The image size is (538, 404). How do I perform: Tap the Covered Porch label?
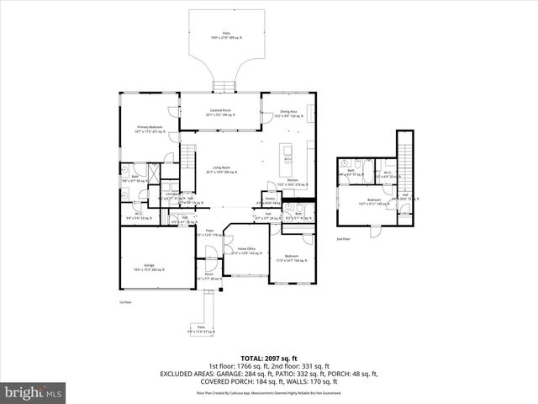(221, 111)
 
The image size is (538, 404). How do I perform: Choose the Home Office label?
(246, 251)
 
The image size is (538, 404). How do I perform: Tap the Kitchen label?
(293, 182)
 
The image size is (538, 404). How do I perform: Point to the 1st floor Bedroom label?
(291, 257)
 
